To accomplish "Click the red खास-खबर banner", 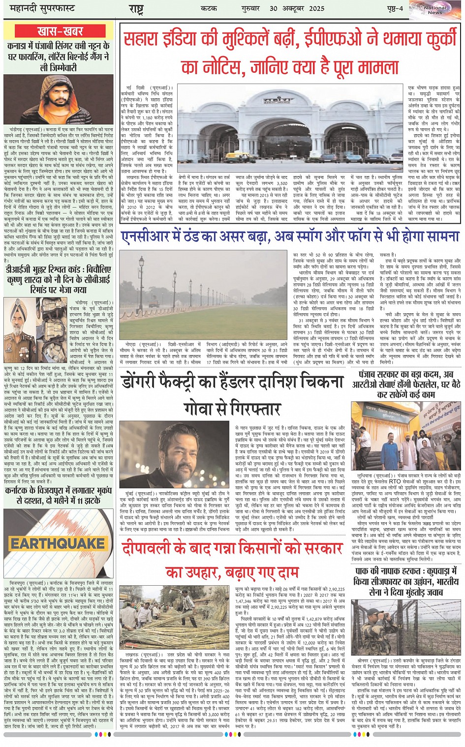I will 60,31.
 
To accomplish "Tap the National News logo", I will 435,9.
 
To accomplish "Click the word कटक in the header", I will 209,8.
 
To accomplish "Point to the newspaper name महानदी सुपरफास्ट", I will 39,9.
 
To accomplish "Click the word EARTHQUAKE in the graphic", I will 58,544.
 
